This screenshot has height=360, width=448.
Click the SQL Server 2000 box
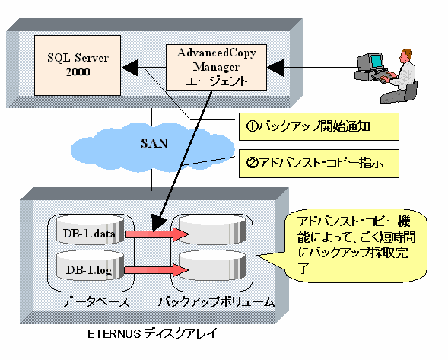tap(78, 65)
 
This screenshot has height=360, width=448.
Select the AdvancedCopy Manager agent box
tap(216, 67)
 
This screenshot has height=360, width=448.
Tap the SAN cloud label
tap(154, 143)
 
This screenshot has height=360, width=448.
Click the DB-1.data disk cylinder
tap(91, 230)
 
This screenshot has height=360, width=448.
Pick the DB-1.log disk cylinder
tap(91, 266)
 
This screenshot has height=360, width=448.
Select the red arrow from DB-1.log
tap(156, 269)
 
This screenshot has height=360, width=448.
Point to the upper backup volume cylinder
tap(212, 230)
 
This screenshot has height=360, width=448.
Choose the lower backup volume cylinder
tap(212, 266)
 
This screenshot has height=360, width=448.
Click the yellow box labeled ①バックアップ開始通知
tap(319, 126)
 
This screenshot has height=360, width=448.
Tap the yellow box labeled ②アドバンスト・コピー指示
tap(319, 164)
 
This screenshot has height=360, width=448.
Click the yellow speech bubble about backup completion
tap(356, 246)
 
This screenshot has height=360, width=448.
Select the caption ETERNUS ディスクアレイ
tap(152, 333)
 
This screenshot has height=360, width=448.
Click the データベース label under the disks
tap(95, 301)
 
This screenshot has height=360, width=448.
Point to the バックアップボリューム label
tap(216, 301)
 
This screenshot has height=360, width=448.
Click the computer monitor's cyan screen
tap(376, 61)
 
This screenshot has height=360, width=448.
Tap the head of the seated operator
tap(405, 56)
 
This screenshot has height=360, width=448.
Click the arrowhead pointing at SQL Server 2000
tap(130, 68)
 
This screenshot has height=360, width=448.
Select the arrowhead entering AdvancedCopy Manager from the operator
tap(275, 68)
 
